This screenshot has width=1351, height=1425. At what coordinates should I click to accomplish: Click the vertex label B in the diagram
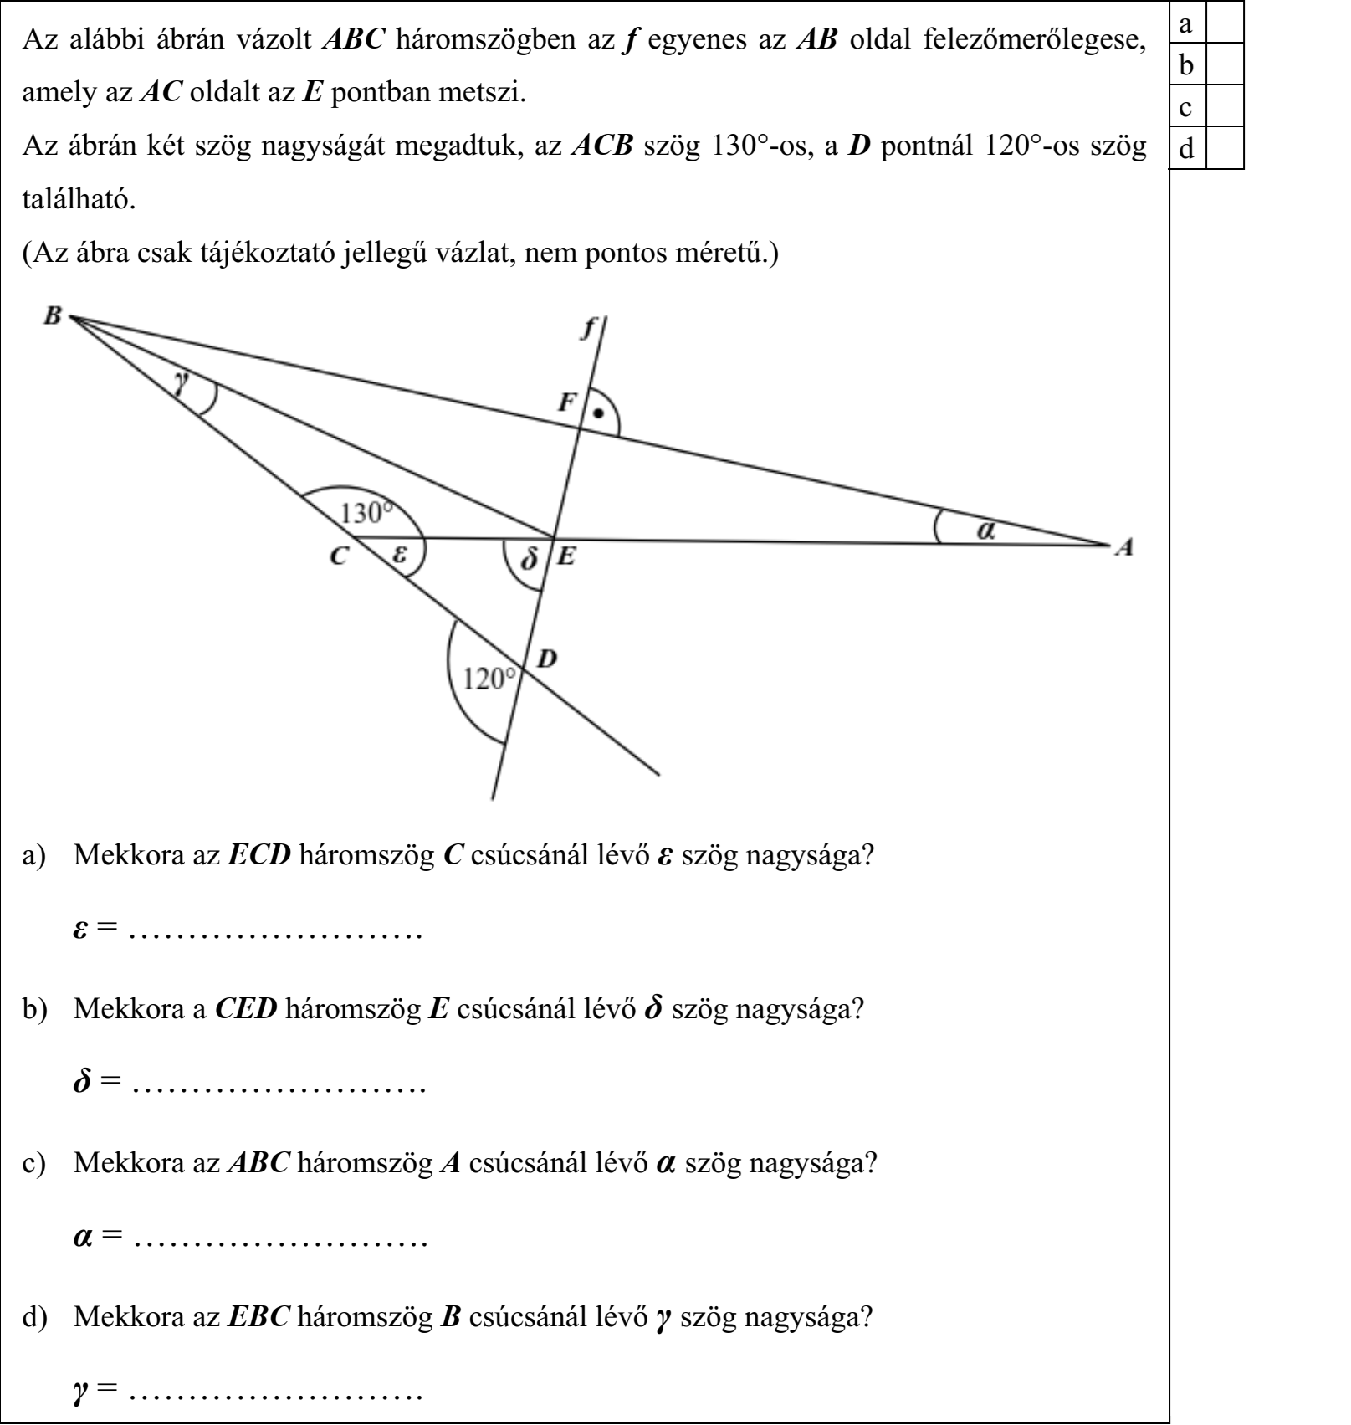[x=53, y=315]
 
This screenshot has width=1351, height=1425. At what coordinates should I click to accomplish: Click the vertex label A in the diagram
[x=1126, y=547]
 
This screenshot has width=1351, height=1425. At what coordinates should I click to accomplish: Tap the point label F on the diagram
[x=568, y=403]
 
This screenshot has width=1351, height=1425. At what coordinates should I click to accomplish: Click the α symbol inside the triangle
[x=987, y=530]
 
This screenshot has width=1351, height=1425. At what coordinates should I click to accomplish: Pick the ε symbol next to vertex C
[x=401, y=553]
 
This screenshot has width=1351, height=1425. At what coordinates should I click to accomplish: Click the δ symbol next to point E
[x=528, y=558]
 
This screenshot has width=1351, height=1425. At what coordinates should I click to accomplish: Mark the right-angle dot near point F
[x=597, y=413]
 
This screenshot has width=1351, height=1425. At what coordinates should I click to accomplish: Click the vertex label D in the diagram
[x=547, y=659]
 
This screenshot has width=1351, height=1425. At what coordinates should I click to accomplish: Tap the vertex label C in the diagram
[x=338, y=556]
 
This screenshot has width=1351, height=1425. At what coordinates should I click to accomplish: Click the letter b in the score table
[x=1186, y=65]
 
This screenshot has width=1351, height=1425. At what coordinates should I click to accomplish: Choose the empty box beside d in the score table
[x=1226, y=149]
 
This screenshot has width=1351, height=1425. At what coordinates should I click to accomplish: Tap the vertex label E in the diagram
[x=566, y=556]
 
